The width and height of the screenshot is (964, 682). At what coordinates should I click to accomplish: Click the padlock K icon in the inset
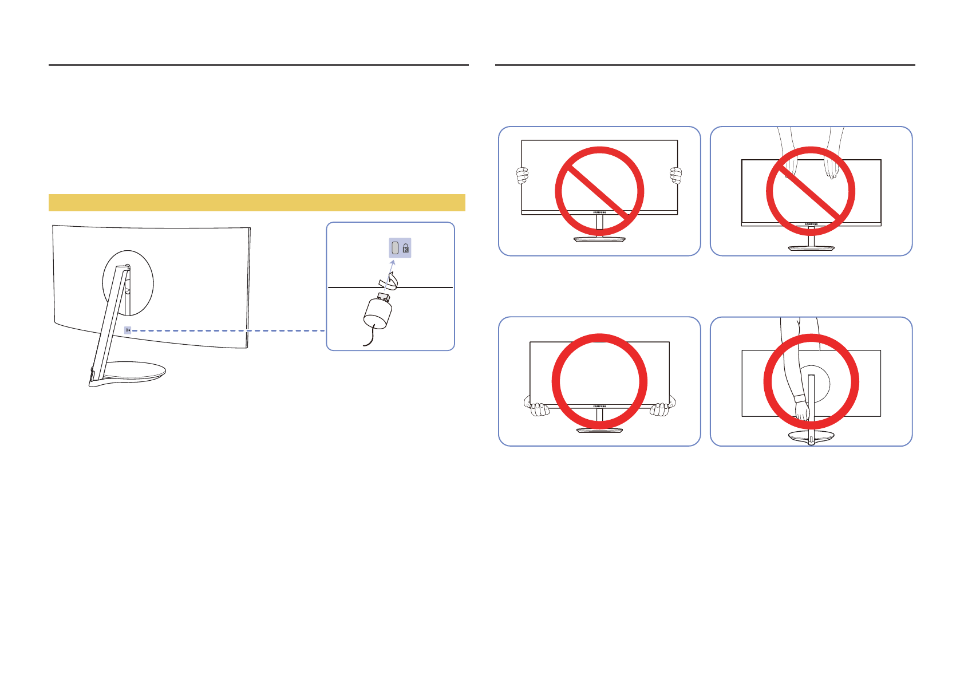[x=406, y=249]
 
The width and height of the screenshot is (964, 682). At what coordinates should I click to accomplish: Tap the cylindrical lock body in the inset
[x=378, y=313]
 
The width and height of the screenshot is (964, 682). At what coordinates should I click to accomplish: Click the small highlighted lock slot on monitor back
[x=128, y=330]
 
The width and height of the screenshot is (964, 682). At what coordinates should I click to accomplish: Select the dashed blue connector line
[x=229, y=330]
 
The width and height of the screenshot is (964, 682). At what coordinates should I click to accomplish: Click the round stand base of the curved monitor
[x=135, y=373]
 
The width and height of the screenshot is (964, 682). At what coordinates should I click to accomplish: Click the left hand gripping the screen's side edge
[x=521, y=176]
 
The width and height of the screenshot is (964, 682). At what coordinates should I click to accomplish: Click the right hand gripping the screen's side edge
[x=676, y=175]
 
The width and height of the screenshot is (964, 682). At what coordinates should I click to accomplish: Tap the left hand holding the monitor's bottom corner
[x=538, y=409]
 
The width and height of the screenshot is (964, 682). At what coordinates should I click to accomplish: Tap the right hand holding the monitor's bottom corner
[x=660, y=409]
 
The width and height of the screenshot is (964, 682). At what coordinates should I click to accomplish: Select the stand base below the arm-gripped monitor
[x=811, y=437]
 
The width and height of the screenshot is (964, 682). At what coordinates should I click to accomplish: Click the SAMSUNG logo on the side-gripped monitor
[x=599, y=212]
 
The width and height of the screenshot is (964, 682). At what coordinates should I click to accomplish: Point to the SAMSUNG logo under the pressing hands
[x=811, y=224]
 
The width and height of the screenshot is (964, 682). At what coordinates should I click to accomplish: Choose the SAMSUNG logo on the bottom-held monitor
[x=599, y=407]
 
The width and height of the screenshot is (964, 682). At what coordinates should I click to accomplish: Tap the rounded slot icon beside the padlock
[x=394, y=248]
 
